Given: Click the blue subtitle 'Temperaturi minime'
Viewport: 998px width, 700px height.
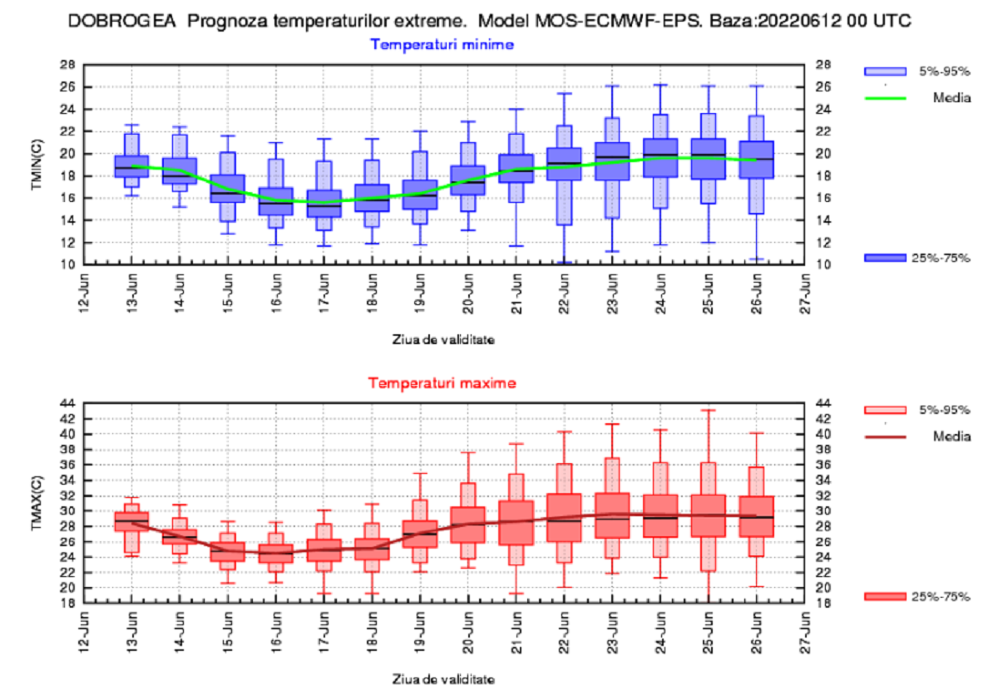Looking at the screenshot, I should [x=442, y=44].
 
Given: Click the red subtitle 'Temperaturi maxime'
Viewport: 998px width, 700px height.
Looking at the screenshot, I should [x=442, y=383].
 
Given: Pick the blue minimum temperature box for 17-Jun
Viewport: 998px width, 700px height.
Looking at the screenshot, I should [x=324, y=204].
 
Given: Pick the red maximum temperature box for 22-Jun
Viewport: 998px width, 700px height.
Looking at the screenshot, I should [x=565, y=517].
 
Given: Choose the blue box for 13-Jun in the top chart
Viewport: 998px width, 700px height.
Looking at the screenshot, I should [x=131, y=166].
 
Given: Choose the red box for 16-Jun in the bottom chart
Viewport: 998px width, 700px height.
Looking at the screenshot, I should [x=275, y=554].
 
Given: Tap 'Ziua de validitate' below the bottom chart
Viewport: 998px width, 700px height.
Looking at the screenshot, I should [x=443, y=679].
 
